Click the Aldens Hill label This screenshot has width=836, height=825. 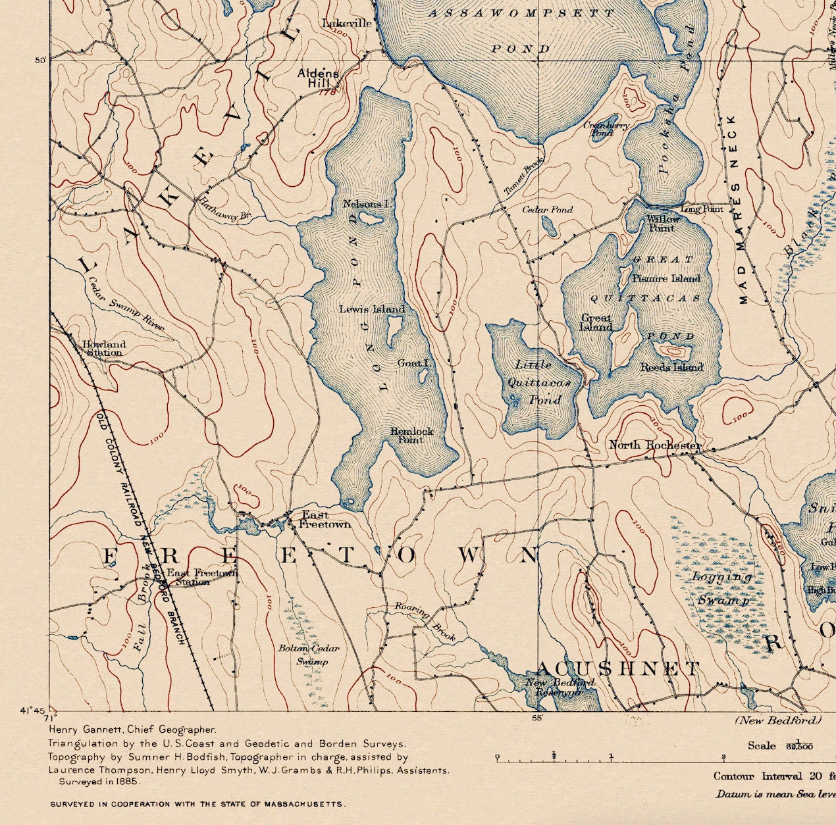[319, 78]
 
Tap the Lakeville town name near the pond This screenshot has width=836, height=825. [347, 24]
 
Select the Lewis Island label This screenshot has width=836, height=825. [372, 309]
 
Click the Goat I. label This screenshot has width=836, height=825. [413, 363]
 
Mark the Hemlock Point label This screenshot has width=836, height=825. [411, 436]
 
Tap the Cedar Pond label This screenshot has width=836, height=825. [547, 210]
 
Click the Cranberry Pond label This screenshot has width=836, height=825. [606, 129]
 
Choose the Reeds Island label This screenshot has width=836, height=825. [671, 367]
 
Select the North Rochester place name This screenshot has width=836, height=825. [654, 445]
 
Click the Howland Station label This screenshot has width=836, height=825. [103, 348]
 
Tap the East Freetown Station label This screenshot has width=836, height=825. [201, 577]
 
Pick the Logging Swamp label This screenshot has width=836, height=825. [722, 588]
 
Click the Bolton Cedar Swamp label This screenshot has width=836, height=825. [309, 655]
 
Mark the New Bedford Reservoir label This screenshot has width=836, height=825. [560, 687]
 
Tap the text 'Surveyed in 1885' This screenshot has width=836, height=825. [99, 782]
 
